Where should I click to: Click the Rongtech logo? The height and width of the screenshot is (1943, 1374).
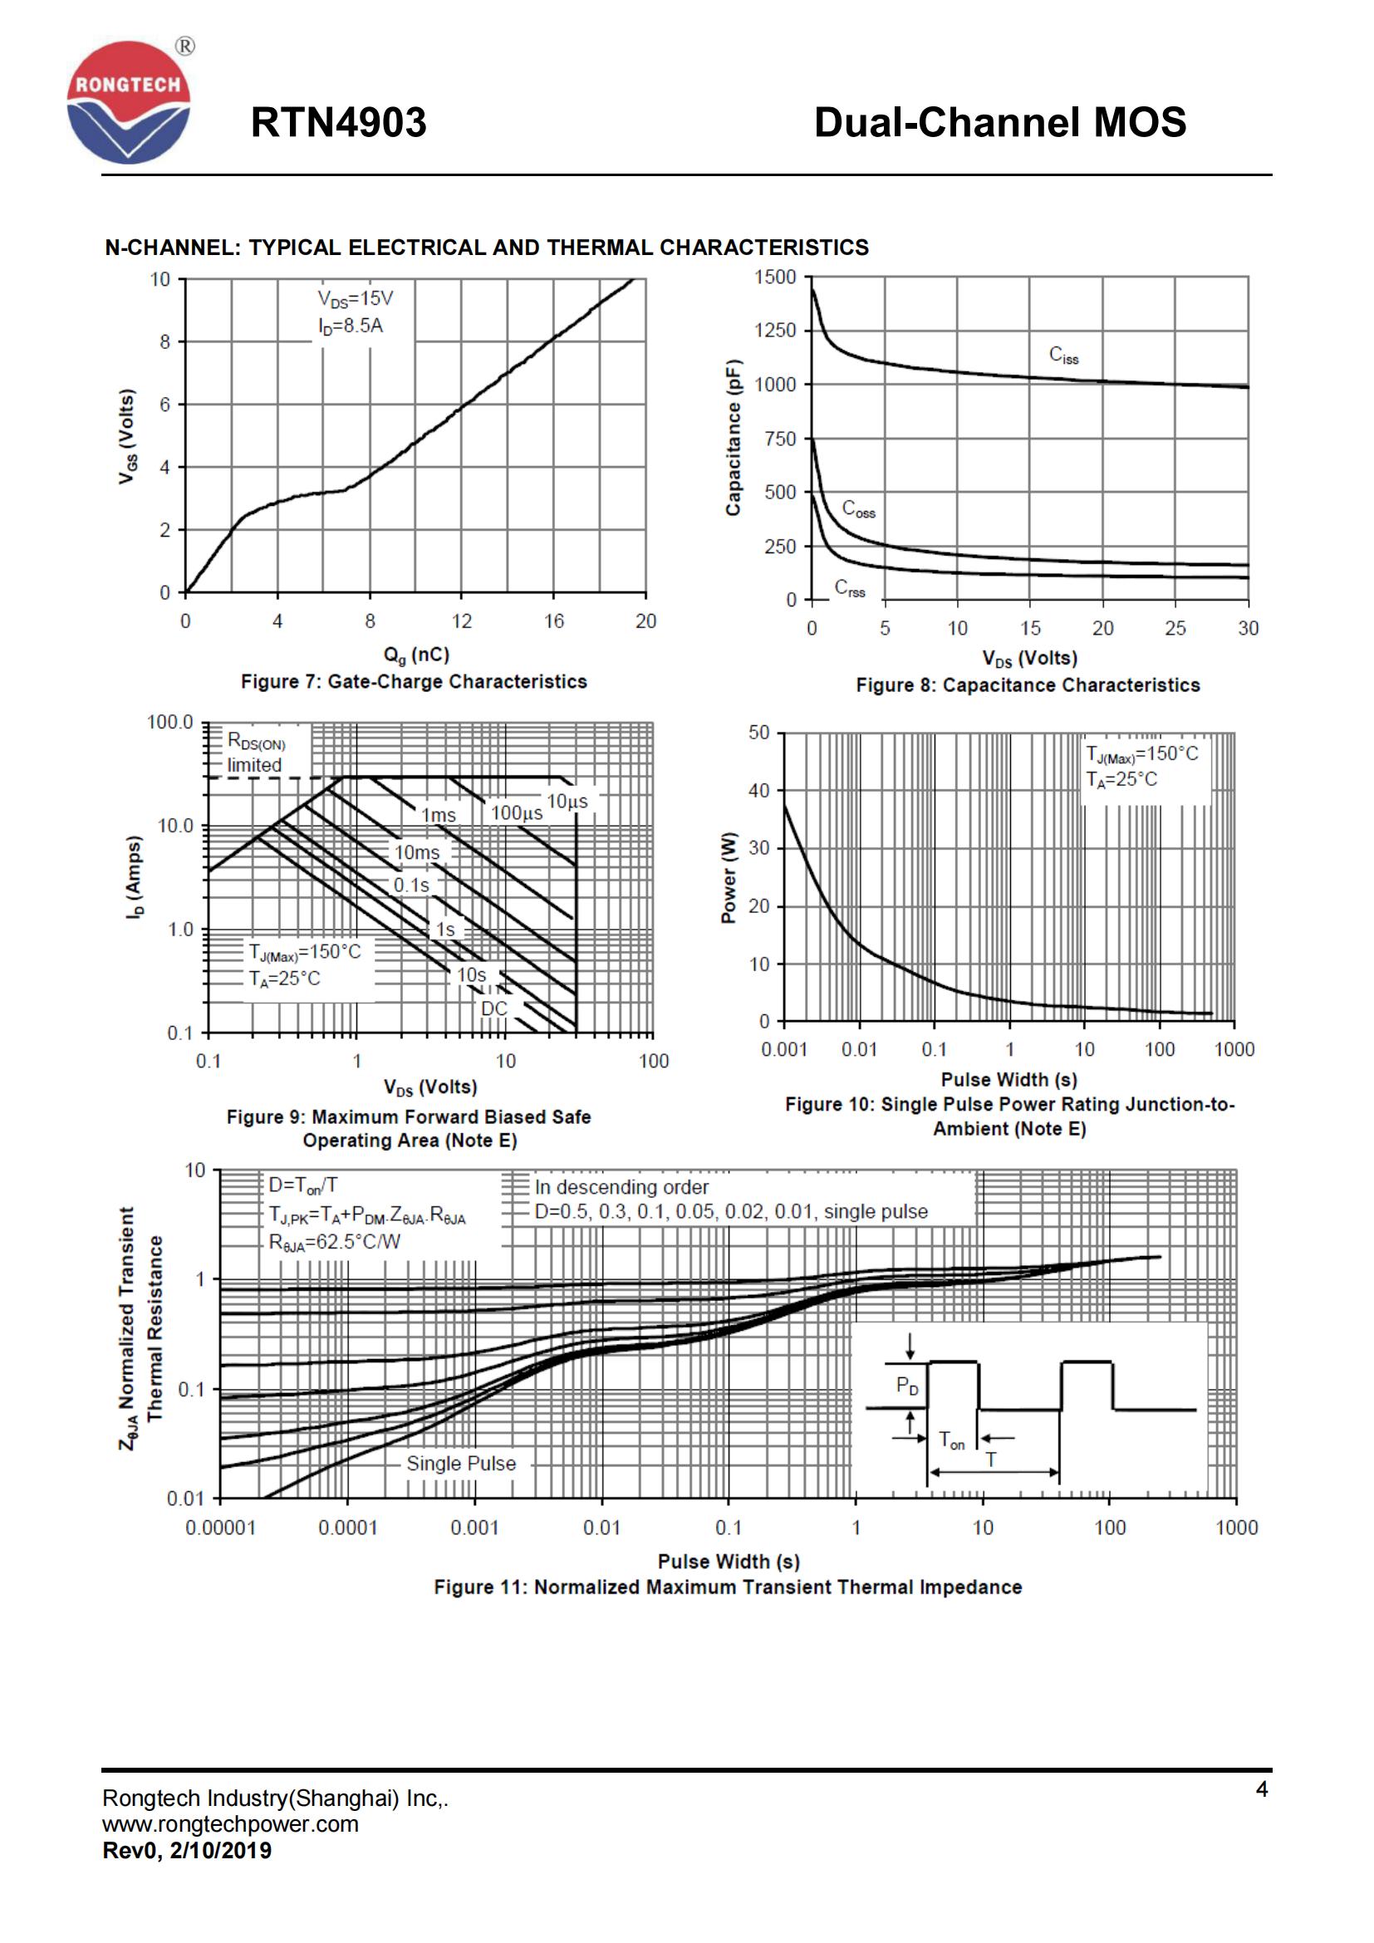click(x=129, y=102)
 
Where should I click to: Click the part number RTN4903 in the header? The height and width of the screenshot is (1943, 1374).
click(x=338, y=123)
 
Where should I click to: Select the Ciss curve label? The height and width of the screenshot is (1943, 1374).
click(x=1063, y=355)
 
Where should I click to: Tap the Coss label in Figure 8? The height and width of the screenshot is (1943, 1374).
click(x=858, y=509)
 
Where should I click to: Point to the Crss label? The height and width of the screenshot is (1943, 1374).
click(x=850, y=588)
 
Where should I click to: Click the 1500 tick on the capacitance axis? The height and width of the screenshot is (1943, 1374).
click(x=775, y=277)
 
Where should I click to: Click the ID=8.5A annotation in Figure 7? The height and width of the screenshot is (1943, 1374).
click(x=351, y=326)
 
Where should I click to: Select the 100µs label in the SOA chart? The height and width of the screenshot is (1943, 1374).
click(x=516, y=813)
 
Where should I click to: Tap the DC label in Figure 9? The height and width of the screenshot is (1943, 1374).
click(x=494, y=1008)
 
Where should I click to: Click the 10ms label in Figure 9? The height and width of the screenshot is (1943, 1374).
click(x=417, y=852)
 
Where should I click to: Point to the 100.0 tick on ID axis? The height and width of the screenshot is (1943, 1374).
click(x=170, y=723)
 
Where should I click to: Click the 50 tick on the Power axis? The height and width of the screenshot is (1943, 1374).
click(x=759, y=733)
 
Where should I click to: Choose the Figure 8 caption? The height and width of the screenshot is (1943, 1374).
click(x=1027, y=685)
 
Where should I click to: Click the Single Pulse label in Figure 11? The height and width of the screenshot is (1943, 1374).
click(x=460, y=1463)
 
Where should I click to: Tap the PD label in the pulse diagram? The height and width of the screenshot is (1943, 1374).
click(x=907, y=1386)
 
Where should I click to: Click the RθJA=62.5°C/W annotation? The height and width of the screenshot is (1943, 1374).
click(x=335, y=1241)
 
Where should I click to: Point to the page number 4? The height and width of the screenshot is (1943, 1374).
click(x=1262, y=1788)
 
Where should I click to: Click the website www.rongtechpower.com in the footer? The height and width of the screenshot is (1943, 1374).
click(x=230, y=1823)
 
